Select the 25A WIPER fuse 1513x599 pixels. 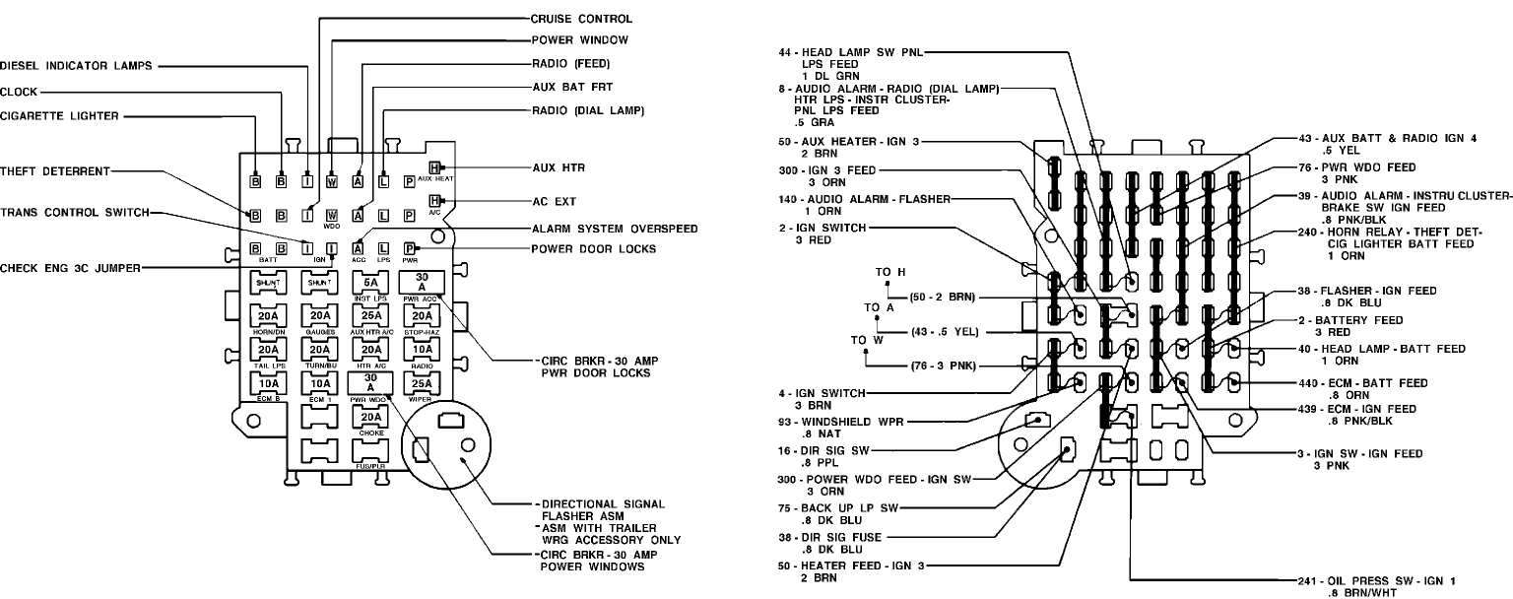click(422, 382)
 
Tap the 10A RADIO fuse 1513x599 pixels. click(422, 349)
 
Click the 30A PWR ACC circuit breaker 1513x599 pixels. click(422, 281)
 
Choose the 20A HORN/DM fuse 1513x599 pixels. click(268, 316)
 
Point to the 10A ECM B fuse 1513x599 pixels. click(268, 382)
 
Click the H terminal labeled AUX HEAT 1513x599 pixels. click(434, 168)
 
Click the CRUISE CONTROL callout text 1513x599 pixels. click(581, 19)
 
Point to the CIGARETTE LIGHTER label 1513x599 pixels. click(59, 116)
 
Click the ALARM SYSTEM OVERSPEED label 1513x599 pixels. click(615, 229)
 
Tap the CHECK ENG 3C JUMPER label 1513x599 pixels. click(69, 268)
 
